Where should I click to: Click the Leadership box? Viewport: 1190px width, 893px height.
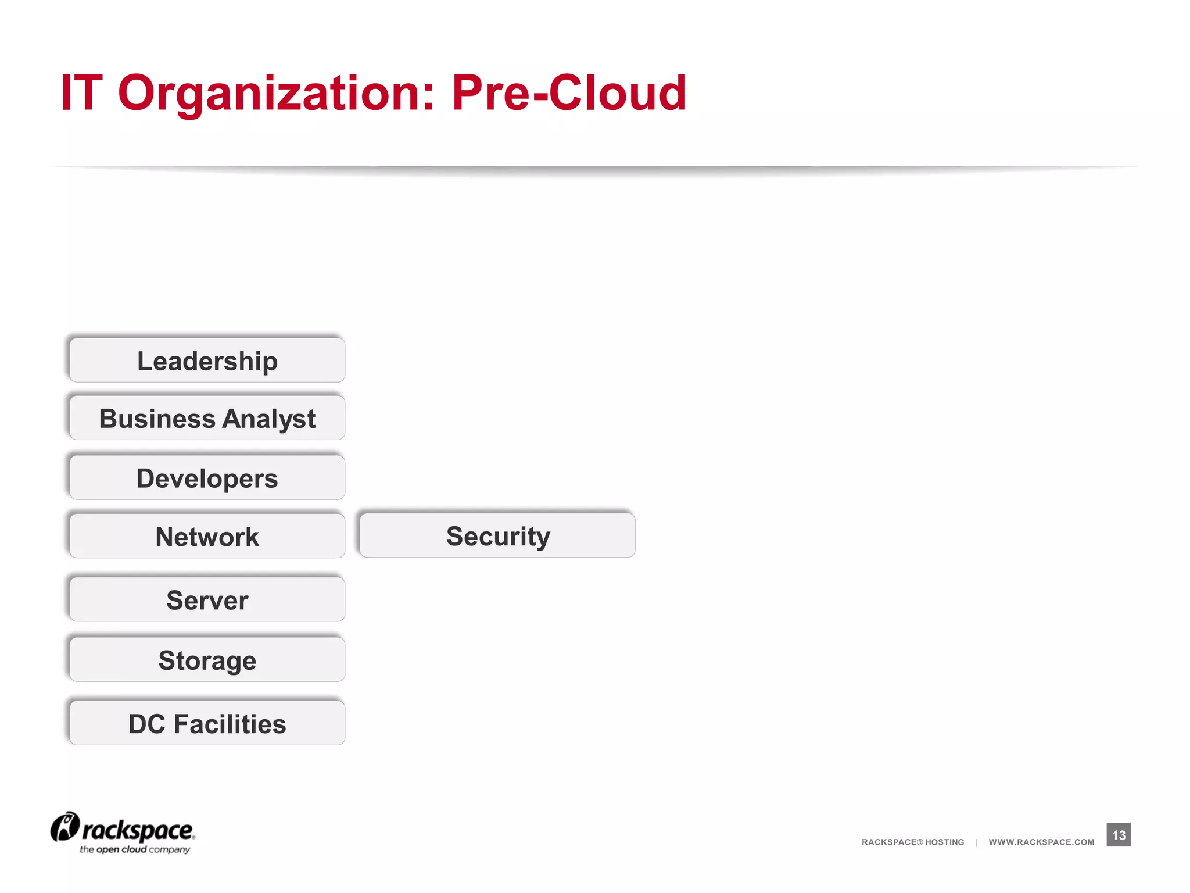point(207,360)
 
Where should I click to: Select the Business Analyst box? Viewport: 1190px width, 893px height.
point(207,419)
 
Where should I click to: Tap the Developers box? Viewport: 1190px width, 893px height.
point(207,478)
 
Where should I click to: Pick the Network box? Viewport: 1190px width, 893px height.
point(207,536)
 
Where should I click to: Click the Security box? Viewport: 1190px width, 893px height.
point(497,535)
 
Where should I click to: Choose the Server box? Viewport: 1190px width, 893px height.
point(207,599)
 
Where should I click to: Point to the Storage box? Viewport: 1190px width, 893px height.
point(207,660)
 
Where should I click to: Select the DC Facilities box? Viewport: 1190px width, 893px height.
point(207,723)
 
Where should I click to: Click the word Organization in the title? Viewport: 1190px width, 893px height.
point(276,93)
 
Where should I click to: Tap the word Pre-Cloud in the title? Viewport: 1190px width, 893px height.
point(569,93)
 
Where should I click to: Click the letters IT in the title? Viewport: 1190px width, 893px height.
point(81,93)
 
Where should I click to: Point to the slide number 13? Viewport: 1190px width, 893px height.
point(1119,835)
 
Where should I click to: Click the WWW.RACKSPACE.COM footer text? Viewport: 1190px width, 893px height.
point(1041,842)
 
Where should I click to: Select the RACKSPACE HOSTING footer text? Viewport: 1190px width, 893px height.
point(913,842)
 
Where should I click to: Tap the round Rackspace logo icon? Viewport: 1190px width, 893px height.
point(64,827)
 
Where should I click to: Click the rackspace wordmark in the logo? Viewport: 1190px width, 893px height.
point(138,830)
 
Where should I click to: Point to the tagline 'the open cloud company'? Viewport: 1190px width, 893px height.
point(135,849)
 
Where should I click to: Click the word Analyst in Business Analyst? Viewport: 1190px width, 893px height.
point(269,419)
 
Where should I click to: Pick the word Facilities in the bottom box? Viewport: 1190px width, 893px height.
point(230,723)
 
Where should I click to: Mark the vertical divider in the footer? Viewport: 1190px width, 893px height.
point(977,842)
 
